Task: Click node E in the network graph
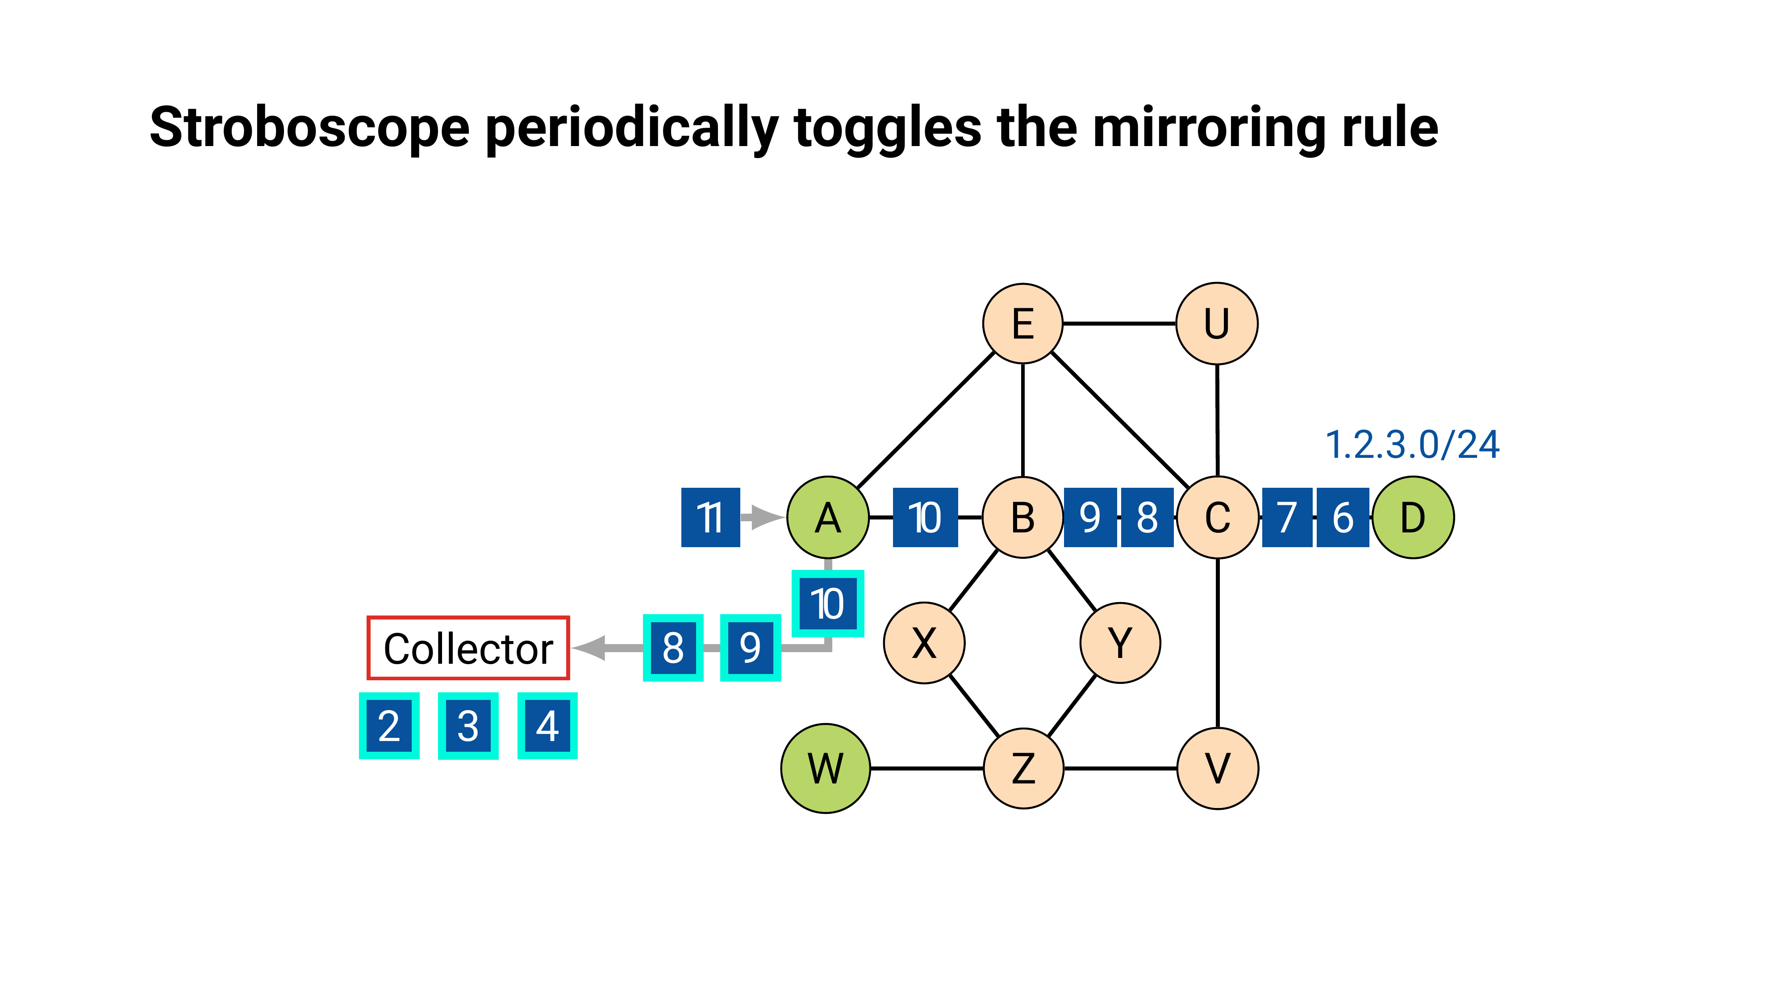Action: click(1022, 323)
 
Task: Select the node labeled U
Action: click(1217, 323)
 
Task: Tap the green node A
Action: click(828, 517)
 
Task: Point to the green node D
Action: click(1413, 517)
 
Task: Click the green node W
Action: click(825, 768)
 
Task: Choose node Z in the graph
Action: click(1023, 768)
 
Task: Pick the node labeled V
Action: click(1218, 768)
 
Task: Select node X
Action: click(923, 643)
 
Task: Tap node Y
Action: click(1120, 643)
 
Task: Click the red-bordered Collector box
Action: click(468, 648)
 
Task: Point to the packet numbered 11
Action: click(710, 517)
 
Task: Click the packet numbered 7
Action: click(1287, 517)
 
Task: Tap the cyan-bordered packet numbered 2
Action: click(389, 725)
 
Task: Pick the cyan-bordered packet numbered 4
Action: click(547, 725)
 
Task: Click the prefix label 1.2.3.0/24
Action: click(1412, 444)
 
